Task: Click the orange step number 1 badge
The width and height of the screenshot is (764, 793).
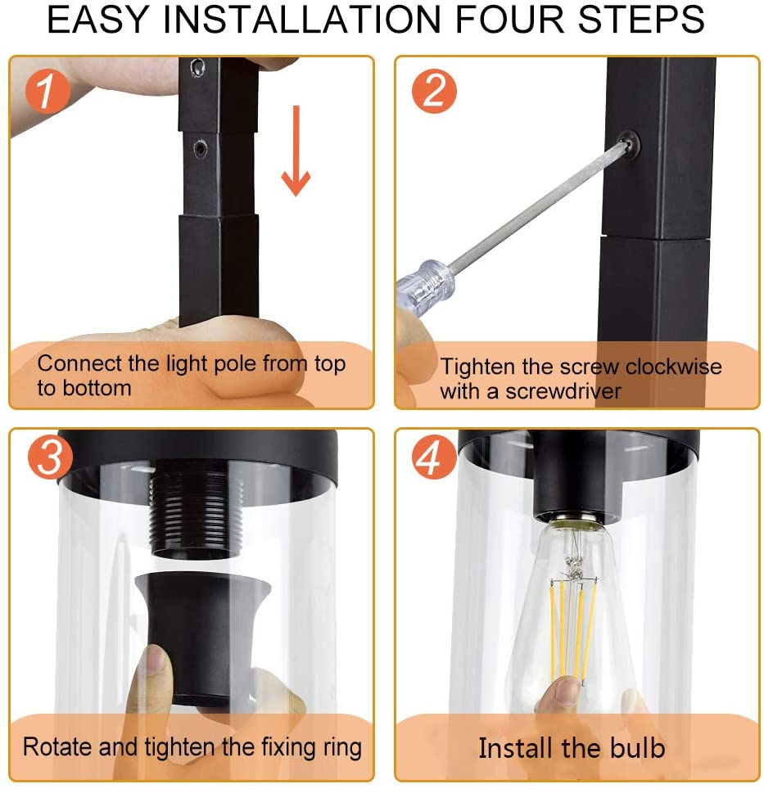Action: click(47, 91)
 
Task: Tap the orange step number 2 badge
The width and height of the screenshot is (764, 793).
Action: click(434, 91)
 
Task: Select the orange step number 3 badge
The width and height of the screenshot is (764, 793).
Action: click(51, 457)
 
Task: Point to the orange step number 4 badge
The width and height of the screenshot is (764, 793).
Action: click(434, 457)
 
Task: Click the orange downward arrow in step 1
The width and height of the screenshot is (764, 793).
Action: click(296, 151)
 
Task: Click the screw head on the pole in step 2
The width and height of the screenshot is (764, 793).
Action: click(629, 144)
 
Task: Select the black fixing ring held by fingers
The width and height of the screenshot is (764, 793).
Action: click(202, 638)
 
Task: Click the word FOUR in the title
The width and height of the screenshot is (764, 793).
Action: click(510, 19)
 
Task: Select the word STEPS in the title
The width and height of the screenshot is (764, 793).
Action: click(641, 19)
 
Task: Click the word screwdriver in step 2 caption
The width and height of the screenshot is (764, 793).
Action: click(563, 391)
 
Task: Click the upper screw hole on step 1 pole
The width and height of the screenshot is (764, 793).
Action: click(197, 67)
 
